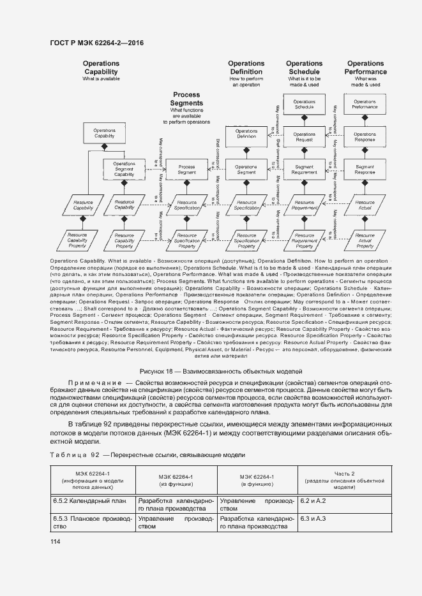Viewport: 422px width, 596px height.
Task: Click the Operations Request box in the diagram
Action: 304,136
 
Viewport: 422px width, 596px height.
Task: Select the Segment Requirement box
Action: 304,170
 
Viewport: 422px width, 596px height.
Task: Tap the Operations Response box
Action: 365,136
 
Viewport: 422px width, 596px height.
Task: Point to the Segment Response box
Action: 365,170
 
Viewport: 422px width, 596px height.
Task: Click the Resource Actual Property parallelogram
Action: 365,241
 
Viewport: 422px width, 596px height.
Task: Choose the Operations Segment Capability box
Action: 124,170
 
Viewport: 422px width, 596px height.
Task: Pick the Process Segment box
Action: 186,170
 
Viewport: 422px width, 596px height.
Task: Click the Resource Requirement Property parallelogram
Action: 304,241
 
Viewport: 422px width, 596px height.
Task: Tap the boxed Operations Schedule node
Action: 304,105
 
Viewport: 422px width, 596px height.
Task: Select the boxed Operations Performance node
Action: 365,105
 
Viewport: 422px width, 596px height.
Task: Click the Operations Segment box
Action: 246,170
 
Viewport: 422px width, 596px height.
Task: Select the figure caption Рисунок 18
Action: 211,371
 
